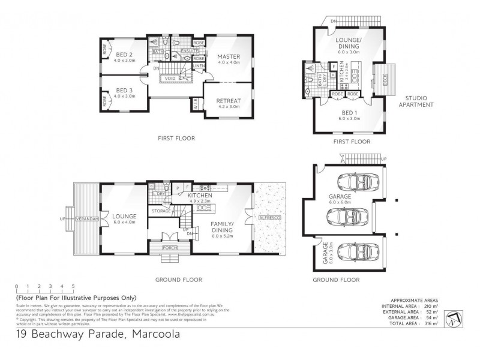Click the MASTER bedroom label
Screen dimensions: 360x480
(228, 56)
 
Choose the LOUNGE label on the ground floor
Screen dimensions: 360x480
(124, 216)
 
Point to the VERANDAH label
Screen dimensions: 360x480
(86, 220)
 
